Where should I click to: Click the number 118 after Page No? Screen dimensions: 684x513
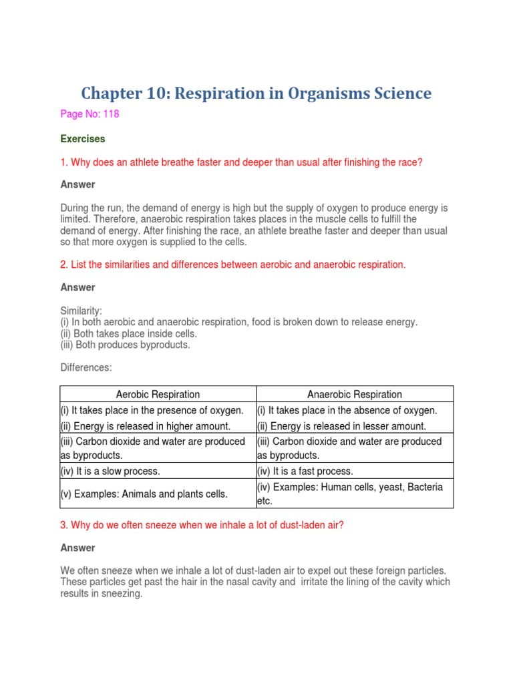[x=110, y=114]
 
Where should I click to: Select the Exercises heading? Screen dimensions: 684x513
[x=83, y=139]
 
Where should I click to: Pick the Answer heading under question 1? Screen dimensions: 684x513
[x=77, y=184]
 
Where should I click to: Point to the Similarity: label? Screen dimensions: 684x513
[x=81, y=311]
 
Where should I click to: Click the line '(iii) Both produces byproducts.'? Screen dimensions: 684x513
[x=125, y=345]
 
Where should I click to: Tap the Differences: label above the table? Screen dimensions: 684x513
[x=86, y=368]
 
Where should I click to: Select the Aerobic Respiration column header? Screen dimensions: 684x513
[x=158, y=394]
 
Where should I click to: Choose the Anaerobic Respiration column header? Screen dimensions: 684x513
[x=355, y=394]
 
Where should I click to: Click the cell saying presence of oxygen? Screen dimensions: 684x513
[x=158, y=410]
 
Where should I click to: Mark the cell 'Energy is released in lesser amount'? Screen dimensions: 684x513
[x=341, y=426]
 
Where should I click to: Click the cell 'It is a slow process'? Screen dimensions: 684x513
[x=110, y=471]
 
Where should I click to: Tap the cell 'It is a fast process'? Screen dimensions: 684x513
[x=305, y=471]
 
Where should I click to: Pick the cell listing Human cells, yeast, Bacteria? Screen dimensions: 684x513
[x=349, y=487]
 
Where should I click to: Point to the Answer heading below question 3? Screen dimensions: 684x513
[x=77, y=548]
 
